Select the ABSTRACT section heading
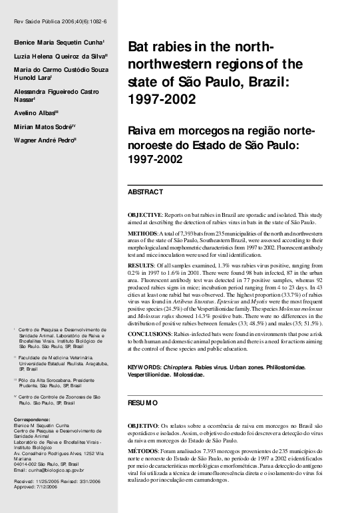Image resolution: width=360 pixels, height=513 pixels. pyautogui.click(x=145, y=192)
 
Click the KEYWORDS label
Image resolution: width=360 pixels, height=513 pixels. pyautogui.click(x=144, y=367)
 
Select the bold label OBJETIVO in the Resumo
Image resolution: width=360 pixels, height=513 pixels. pyautogui.click(x=142, y=426)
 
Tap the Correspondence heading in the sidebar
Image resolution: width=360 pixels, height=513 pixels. pyautogui.click(x=33, y=420)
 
